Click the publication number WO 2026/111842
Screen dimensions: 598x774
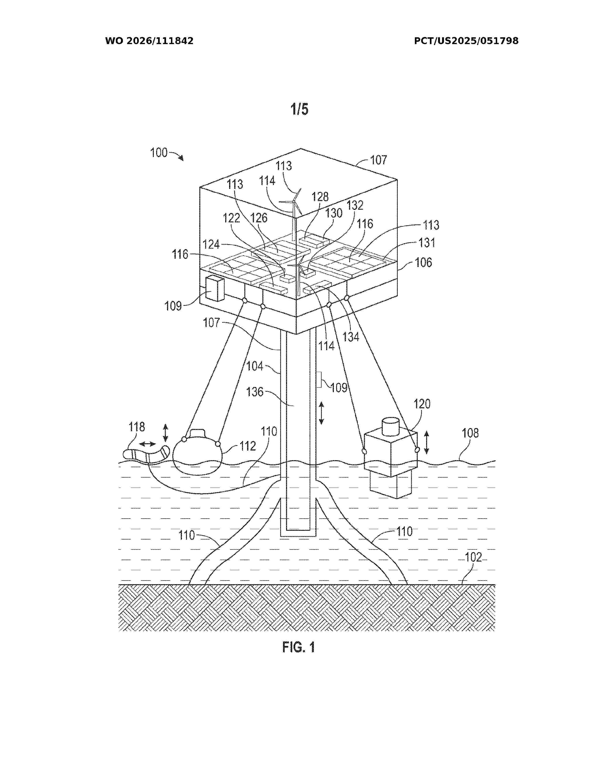[149, 41]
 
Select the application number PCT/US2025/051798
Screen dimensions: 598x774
[466, 41]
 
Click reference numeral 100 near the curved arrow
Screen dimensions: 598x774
[159, 153]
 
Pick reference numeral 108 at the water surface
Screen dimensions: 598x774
[470, 433]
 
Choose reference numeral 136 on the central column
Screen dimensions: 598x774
[255, 392]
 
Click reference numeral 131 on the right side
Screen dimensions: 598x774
[427, 243]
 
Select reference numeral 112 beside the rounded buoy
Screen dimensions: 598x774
[247, 446]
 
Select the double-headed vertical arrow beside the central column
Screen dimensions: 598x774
[321, 413]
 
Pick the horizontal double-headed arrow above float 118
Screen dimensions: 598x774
[147, 444]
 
